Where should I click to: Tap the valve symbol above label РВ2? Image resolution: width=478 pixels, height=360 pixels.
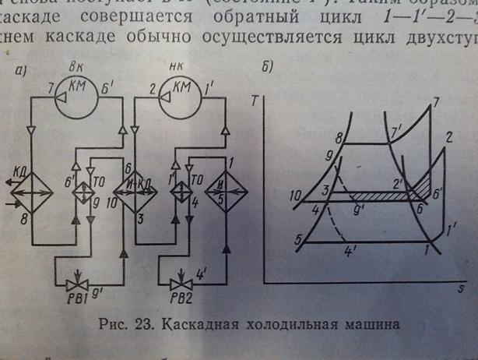point(181,279)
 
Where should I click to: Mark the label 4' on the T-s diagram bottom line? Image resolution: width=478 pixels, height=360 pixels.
point(350,252)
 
